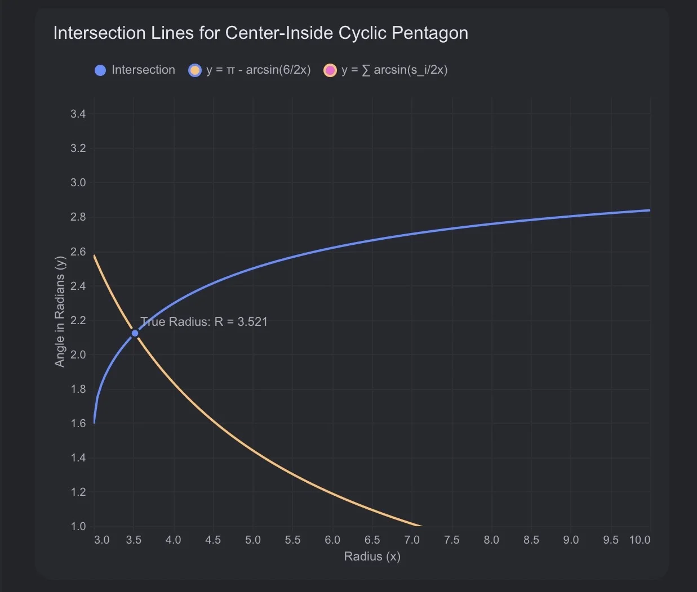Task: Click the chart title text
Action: point(261,33)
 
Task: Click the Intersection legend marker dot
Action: point(100,70)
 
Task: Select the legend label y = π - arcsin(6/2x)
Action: point(258,70)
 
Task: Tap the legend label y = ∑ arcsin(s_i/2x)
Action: point(394,70)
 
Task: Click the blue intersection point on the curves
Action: point(135,333)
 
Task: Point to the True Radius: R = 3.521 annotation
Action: point(203,321)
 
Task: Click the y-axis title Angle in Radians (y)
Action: point(59,312)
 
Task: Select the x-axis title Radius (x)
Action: point(372,557)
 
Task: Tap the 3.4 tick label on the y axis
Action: point(78,114)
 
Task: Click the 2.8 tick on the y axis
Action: point(78,217)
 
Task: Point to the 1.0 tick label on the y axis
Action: point(78,526)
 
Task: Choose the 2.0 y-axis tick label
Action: point(78,355)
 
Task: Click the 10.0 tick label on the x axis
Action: point(640,540)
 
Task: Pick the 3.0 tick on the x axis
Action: point(101,540)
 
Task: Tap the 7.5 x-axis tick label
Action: point(451,540)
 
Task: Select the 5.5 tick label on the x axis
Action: point(292,540)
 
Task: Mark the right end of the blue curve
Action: point(650,210)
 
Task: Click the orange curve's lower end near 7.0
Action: point(421,526)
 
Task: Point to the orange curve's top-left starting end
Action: point(94,255)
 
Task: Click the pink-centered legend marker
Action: point(330,70)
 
